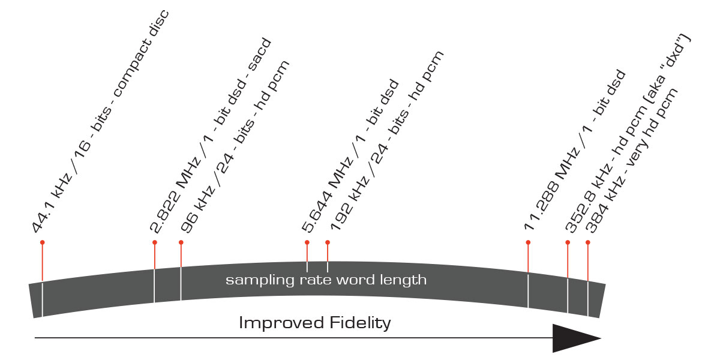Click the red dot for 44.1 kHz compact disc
[42, 242]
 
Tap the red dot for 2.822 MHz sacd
[155, 242]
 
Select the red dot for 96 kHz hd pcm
[181, 242]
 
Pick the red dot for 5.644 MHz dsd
[307, 242]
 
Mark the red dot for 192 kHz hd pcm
[328, 242]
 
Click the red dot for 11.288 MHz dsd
[528, 242]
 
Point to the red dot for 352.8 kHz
[568, 242]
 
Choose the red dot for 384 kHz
[588, 242]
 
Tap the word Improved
[281, 323]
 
